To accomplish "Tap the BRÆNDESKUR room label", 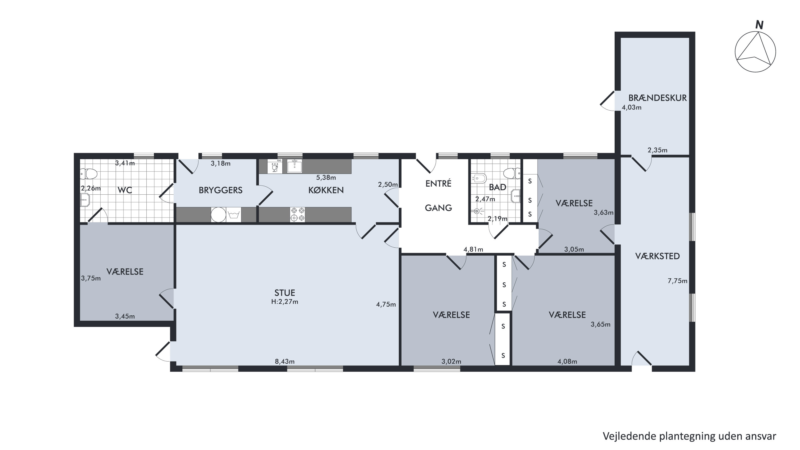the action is [657, 98].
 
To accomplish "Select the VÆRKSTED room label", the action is [657, 256].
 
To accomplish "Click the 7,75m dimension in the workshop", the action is [677, 281].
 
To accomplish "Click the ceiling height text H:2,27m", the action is [285, 302].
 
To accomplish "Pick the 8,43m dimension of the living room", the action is [285, 361].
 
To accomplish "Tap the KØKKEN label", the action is [326, 190].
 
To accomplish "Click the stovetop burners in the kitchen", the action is [297, 215].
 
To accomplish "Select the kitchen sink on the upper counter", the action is [294, 166].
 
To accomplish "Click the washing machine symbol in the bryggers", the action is [234, 215].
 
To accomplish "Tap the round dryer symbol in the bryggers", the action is [218, 215].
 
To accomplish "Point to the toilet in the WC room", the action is [89, 174].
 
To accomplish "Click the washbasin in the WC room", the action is [85, 200].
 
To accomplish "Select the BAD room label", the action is [498, 187].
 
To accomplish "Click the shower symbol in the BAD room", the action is [477, 211].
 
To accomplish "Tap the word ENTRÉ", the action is [438, 183].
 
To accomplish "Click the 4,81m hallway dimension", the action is [473, 249].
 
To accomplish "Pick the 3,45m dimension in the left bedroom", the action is [125, 316].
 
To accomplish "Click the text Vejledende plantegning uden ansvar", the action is [689, 436].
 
